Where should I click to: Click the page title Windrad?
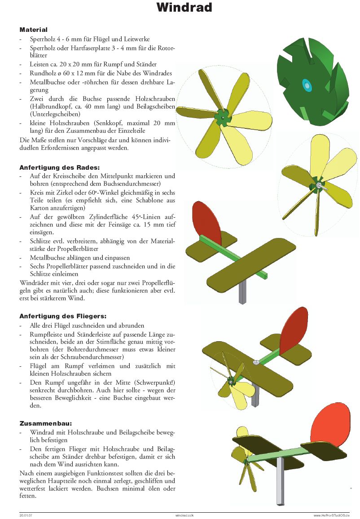pos(184,8)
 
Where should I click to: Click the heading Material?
pos(33,30)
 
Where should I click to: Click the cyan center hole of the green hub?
pos(307,84)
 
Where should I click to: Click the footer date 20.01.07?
pos(26,515)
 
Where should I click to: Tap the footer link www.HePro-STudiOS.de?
pos(331,515)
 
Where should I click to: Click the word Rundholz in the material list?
pos(42,73)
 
